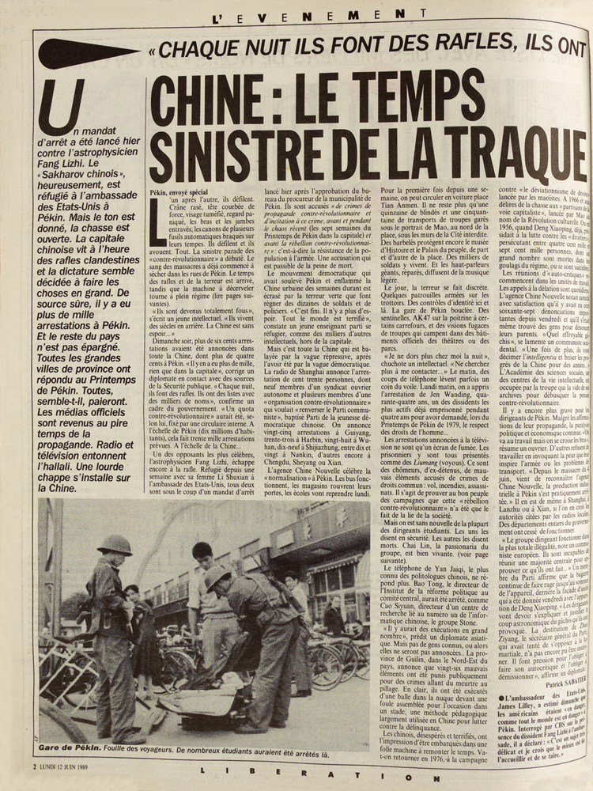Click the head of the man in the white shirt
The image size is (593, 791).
coord(202,551)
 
